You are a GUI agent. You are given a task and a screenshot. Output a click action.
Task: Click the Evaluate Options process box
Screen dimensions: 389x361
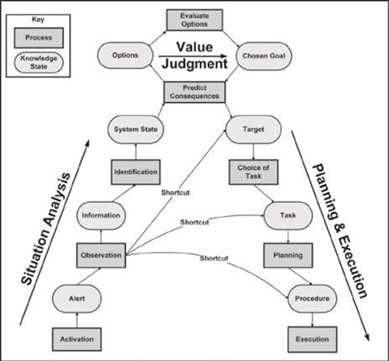(194, 20)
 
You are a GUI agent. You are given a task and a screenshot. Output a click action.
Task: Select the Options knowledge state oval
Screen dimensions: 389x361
(125, 55)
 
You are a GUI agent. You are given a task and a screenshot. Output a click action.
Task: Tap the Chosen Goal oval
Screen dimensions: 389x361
(264, 56)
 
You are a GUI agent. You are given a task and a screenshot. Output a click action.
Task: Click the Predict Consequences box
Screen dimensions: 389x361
(194, 92)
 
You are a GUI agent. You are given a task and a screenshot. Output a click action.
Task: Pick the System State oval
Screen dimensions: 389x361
(136, 129)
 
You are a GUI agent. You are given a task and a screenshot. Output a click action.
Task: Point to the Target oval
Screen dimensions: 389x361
(253, 129)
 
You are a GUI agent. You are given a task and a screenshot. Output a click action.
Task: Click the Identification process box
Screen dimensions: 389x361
(136, 172)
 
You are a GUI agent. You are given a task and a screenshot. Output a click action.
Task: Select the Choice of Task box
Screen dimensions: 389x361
(253, 172)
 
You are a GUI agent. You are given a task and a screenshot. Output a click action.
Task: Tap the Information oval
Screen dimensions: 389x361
(101, 216)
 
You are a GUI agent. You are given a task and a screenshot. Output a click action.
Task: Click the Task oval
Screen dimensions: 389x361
(288, 216)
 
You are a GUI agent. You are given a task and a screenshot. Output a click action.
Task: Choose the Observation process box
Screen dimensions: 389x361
(101, 255)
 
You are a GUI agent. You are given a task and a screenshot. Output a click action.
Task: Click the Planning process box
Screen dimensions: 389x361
(288, 255)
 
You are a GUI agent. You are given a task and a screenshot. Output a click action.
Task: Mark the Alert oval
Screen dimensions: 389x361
(77, 299)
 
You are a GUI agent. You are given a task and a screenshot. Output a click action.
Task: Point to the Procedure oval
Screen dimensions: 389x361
(312, 299)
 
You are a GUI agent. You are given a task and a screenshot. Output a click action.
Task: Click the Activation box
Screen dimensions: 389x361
(77, 339)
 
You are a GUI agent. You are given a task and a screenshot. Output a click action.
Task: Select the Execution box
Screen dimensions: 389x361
(312, 339)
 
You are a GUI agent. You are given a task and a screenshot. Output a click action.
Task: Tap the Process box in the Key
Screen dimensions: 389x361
(39, 38)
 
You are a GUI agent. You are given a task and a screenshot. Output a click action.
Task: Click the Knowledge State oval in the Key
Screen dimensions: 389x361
(39, 62)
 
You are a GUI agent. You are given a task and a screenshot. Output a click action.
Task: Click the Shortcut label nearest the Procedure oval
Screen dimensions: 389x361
(214, 258)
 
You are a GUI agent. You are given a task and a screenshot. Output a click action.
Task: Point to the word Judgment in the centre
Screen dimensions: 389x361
(194, 64)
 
